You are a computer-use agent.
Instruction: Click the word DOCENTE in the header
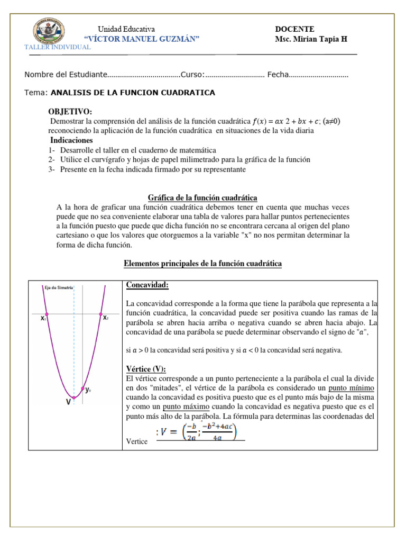click(x=294, y=29)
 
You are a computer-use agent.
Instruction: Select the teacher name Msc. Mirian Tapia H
click(x=311, y=40)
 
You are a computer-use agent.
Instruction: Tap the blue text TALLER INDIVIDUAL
click(x=58, y=48)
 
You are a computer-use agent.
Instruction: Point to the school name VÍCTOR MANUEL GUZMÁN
click(x=142, y=40)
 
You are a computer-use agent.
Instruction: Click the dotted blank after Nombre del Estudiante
click(x=144, y=75)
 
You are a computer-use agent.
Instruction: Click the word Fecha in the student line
click(x=278, y=75)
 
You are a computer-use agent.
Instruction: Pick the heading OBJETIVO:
click(x=70, y=112)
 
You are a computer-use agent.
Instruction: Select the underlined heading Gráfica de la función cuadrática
click(x=202, y=197)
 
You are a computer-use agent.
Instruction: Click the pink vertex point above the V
click(x=73, y=398)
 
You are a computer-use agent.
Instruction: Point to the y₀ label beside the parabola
click(x=89, y=390)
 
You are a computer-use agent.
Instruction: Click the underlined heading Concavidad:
click(x=147, y=285)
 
